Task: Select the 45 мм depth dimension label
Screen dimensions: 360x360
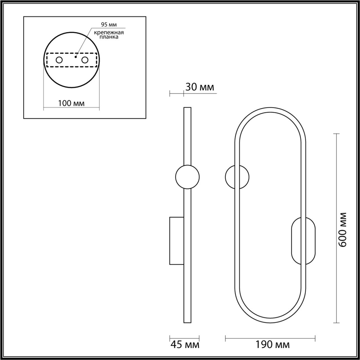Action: click(184, 345)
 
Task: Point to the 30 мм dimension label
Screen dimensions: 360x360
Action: click(199, 87)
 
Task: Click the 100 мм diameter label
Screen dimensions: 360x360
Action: click(71, 103)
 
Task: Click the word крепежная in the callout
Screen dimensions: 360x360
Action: click(109, 32)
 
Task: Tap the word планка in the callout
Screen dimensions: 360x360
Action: click(109, 37)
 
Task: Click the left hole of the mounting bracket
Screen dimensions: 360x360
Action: click(59, 60)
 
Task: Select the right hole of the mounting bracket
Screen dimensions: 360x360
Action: click(85, 60)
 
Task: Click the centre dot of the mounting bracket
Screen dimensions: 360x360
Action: click(75, 57)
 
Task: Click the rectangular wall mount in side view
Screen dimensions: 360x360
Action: click(176, 240)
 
